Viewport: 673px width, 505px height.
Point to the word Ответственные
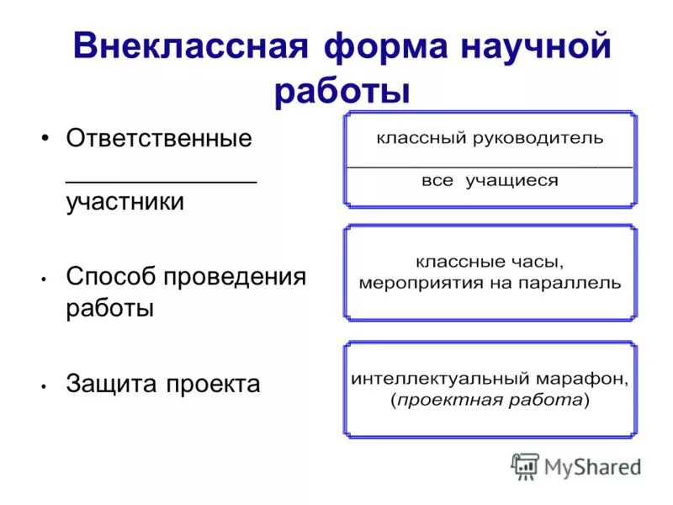159,139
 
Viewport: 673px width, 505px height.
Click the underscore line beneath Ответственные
162,178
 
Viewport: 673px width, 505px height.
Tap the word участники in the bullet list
125,203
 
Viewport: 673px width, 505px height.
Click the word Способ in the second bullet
114,276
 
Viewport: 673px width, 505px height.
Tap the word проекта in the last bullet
213,384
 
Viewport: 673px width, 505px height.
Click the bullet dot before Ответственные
45,139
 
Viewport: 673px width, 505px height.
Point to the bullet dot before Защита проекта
43,385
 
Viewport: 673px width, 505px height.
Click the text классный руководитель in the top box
489,139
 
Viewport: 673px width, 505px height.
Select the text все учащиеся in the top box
490,181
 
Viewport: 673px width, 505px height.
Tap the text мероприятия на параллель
490,283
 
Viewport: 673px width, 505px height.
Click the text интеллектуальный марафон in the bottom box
490,379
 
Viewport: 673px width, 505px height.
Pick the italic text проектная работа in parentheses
490,401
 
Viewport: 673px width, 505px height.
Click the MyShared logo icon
526,465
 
